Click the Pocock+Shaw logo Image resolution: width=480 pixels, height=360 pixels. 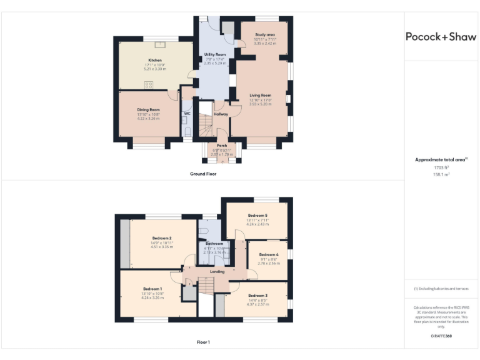coord(441,36)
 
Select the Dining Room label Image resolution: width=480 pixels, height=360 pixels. coord(149,110)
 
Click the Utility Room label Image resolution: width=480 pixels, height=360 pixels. coord(214,55)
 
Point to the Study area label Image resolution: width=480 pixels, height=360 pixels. coord(264,36)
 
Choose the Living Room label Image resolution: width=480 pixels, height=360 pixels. coord(260,96)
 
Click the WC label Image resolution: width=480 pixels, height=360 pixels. coord(186,113)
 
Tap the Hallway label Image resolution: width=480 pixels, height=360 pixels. coord(221,114)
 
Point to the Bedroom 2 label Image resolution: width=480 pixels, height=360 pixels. coord(161,239)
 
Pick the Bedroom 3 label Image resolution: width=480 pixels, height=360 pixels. coord(257,295)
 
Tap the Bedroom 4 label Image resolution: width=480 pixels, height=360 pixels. coord(269,255)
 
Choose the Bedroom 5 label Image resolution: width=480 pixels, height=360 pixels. coord(257,216)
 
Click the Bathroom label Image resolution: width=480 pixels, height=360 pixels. coord(214,243)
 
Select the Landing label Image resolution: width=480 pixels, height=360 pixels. coord(217,272)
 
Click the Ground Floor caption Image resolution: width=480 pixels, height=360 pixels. coord(203,174)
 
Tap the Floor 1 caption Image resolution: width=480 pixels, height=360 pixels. coord(203,342)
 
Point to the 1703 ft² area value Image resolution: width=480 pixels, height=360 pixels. coord(441,167)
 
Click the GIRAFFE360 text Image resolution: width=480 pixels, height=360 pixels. coord(441,336)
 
